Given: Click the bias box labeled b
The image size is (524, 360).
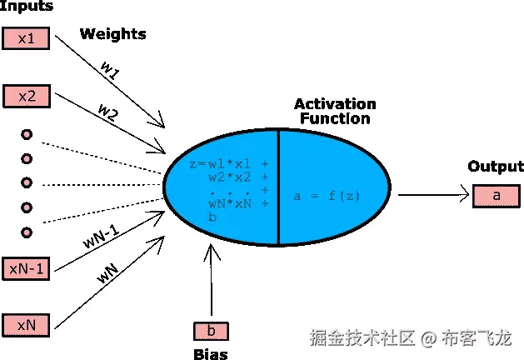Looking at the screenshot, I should pos(211,331).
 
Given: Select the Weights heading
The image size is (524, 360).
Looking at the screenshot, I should pos(112,34).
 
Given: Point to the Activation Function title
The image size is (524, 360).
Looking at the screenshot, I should pos(335,112).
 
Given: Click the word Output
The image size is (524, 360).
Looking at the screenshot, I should pos(496,167).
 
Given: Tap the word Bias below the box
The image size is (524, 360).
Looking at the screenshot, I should pos(209,354).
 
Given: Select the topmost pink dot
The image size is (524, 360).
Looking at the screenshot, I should pos(27,135).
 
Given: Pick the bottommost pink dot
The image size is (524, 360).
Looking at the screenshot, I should pos(27,232).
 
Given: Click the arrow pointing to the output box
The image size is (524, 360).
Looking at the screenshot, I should pos(432,196).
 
